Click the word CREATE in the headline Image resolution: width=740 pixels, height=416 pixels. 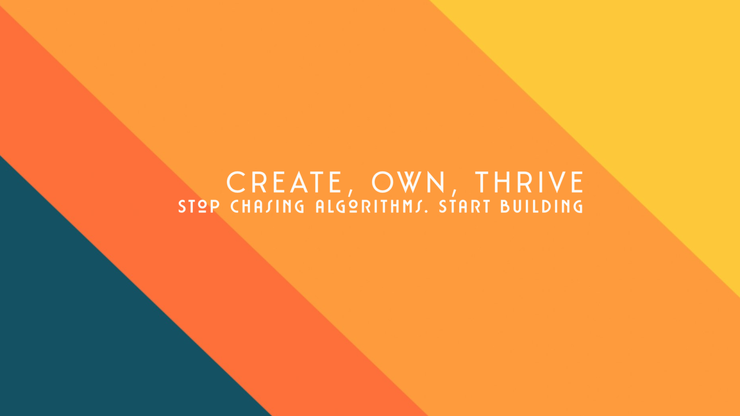284,183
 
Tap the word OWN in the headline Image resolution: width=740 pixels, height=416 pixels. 408,183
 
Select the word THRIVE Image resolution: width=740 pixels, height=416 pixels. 529,183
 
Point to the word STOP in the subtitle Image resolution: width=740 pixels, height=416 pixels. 199,206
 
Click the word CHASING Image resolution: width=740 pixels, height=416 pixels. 267,206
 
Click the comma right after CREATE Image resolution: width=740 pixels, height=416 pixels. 351,192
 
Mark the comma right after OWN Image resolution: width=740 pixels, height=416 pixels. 454,192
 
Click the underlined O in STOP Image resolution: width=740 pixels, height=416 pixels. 203,206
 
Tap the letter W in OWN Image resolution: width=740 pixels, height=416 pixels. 410,183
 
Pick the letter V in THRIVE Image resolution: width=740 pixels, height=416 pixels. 557,183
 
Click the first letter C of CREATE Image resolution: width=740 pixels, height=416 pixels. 236,183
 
